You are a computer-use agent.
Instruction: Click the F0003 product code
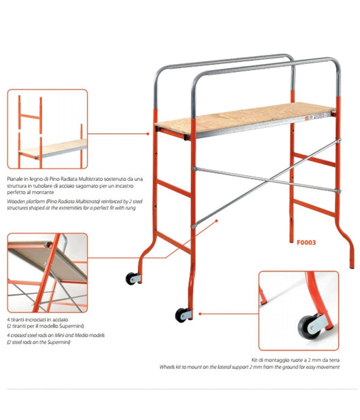pos(306,243)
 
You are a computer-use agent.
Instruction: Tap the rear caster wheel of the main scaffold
pos(130,279)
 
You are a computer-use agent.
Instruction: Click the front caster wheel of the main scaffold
pos(180,315)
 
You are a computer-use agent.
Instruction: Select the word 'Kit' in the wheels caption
pos(254,360)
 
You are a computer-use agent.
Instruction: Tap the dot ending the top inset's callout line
pos(148,134)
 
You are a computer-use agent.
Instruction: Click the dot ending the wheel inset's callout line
pos(200,314)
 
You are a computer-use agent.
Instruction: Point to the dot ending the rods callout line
pos(217,221)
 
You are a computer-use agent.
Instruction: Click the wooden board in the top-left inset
pos(54,147)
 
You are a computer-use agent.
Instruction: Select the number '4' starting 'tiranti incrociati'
pos(8,319)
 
